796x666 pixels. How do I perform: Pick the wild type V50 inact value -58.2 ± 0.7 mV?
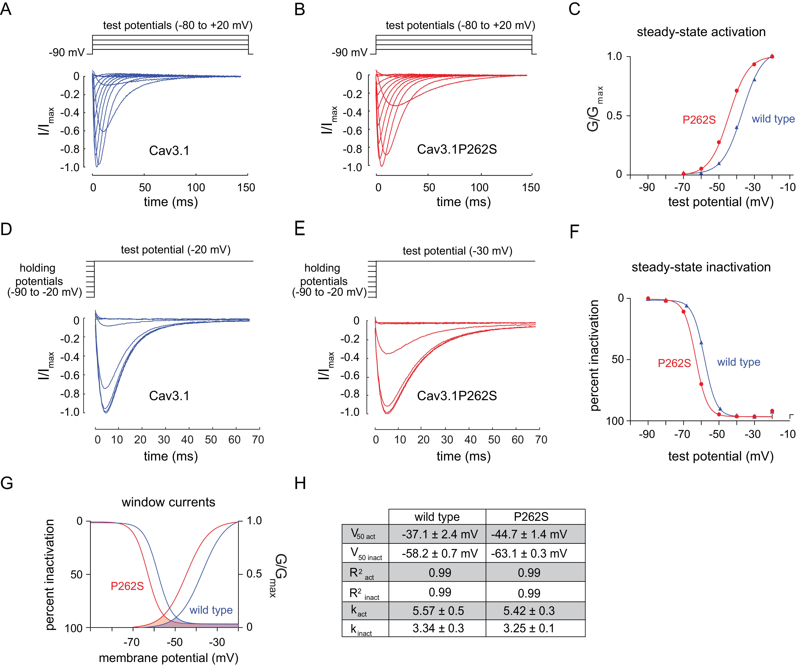439,553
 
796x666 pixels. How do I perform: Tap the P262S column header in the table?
531,517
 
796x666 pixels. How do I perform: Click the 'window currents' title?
168,502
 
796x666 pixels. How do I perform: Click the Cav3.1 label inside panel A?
169,151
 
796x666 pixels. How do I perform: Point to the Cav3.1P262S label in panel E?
457,396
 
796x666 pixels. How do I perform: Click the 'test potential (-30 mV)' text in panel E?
457,251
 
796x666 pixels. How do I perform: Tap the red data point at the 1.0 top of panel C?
772,56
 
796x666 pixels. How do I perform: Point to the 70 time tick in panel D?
258,440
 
